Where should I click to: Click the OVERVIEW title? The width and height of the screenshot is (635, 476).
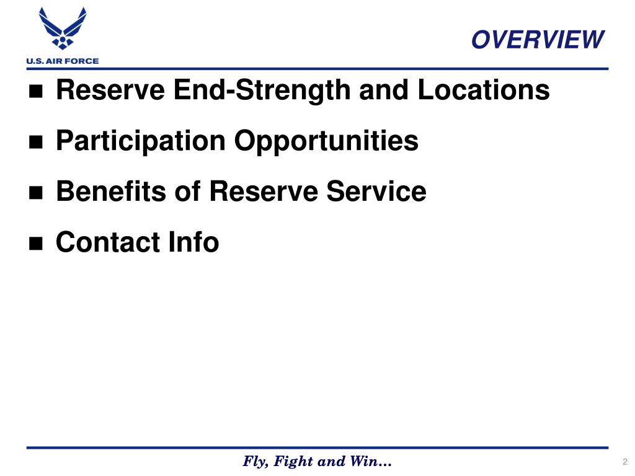coord(537,40)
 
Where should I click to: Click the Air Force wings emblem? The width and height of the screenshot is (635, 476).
coord(62,29)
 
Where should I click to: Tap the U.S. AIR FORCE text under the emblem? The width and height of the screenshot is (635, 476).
coord(62,61)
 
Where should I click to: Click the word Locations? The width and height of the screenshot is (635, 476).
coord(483,90)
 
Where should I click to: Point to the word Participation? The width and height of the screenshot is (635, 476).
coord(140,141)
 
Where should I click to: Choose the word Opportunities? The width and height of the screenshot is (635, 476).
coord(326,141)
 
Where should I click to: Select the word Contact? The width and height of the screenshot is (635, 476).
coord(107,242)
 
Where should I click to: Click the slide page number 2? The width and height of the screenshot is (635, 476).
coord(625,462)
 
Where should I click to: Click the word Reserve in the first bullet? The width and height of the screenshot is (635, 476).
coord(110,90)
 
